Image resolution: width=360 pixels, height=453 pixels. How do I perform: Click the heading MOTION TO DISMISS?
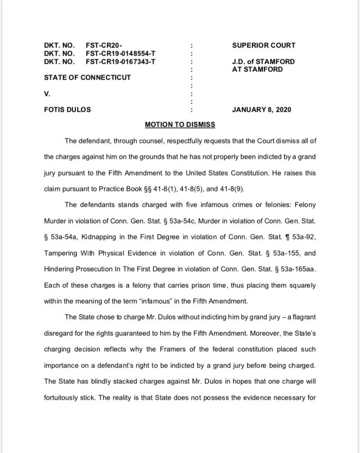pyautogui.click(x=180, y=125)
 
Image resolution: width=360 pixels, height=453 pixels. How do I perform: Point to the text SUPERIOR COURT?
pyautogui.click(x=264, y=46)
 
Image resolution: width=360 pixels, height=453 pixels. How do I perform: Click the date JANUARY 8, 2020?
pyautogui.click(x=261, y=109)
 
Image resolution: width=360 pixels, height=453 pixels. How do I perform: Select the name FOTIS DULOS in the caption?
pyautogui.click(x=67, y=109)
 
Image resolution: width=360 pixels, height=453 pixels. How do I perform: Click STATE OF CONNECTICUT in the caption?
pyautogui.click(x=87, y=77)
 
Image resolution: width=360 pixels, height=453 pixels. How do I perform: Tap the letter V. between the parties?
pyautogui.click(x=47, y=94)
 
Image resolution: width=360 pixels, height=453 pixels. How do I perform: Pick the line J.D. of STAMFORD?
pyautogui.click(x=263, y=61)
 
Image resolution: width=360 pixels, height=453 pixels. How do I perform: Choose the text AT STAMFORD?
pyautogui.click(x=257, y=69)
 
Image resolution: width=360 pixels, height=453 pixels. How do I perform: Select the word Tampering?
pyautogui.click(x=61, y=253)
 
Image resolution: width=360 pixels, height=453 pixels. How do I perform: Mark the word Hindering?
pyautogui.click(x=59, y=269)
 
